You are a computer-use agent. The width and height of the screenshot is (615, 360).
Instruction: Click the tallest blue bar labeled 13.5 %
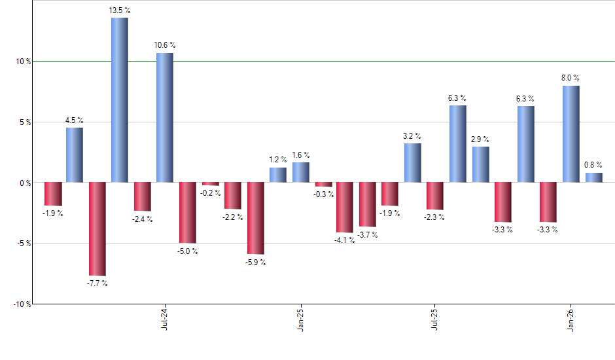coord(119,99)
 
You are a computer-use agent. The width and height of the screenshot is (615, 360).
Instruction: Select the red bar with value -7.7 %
coord(97,228)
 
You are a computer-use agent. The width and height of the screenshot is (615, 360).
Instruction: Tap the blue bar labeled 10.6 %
coord(164,117)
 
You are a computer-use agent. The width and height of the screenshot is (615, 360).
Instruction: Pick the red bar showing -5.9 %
coord(255,218)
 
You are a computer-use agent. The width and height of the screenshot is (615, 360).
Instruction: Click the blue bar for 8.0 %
coord(571,134)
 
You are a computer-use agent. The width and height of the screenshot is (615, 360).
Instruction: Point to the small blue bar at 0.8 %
coord(593,177)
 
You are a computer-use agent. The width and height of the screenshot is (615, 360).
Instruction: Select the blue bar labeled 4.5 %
coord(74,154)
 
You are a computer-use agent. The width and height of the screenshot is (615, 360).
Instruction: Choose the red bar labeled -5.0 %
coord(187,213)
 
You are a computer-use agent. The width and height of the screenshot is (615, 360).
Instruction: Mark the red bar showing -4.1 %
coord(345,207)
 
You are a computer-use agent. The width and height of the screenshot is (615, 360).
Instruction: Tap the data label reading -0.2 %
coord(211,194)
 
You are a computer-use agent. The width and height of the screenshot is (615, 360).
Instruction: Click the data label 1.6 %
coord(301,155)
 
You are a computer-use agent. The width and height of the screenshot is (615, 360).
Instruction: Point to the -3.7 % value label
coord(368,234)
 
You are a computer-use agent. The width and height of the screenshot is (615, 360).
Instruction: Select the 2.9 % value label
coord(480,139)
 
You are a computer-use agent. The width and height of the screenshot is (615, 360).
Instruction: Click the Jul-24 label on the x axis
coord(164,318)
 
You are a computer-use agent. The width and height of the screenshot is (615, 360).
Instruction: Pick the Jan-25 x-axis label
coord(300,318)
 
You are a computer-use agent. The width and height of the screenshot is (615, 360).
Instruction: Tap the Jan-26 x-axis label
coord(571,318)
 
